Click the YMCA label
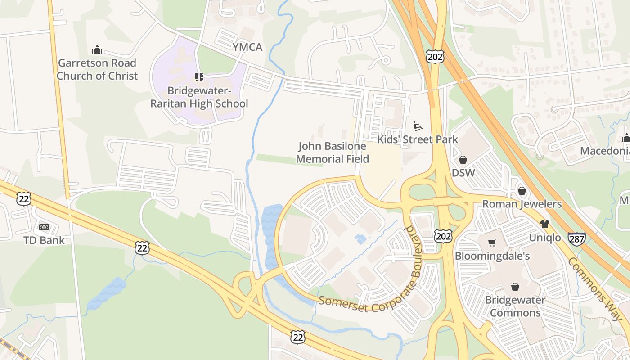pos(247,47)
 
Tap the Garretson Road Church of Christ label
pos(97,69)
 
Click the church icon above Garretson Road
pos(97,50)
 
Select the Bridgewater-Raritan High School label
pos(199,97)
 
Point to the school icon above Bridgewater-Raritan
pos(199,77)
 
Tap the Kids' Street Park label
pos(417,139)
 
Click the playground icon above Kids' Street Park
pos(417,125)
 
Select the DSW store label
pos(463,173)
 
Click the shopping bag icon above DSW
pos(463,159)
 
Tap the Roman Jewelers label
pos(522,204)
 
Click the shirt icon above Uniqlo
pos(545,224)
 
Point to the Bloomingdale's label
pos(492,256)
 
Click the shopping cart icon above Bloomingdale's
pos(492,243)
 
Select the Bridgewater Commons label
pos(515,306)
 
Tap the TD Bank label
pos(44,240)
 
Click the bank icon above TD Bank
pos(44,227)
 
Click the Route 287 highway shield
pos(576,238)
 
